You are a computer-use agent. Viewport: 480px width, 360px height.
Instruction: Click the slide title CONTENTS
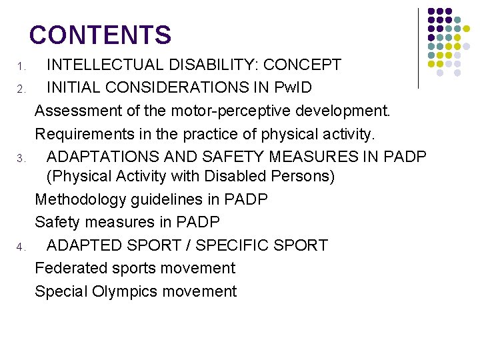coord(100,35)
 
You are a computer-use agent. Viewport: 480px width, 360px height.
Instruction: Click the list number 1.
coord(21,67)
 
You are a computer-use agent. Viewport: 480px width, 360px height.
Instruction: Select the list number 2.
coord(21,89)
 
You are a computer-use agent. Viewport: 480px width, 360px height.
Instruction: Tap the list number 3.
coord(21,159)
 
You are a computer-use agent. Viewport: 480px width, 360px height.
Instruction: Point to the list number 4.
coord(21,248)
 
